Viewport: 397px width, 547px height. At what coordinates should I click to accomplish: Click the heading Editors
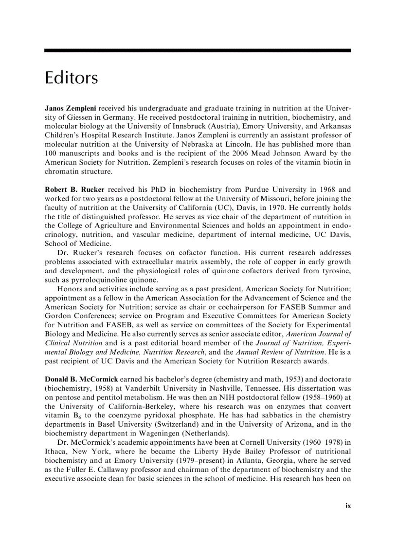71,78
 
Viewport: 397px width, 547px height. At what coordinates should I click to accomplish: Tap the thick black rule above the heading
198,50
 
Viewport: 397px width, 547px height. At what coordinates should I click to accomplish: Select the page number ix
348,506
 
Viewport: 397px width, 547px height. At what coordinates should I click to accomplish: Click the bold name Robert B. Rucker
74,189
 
